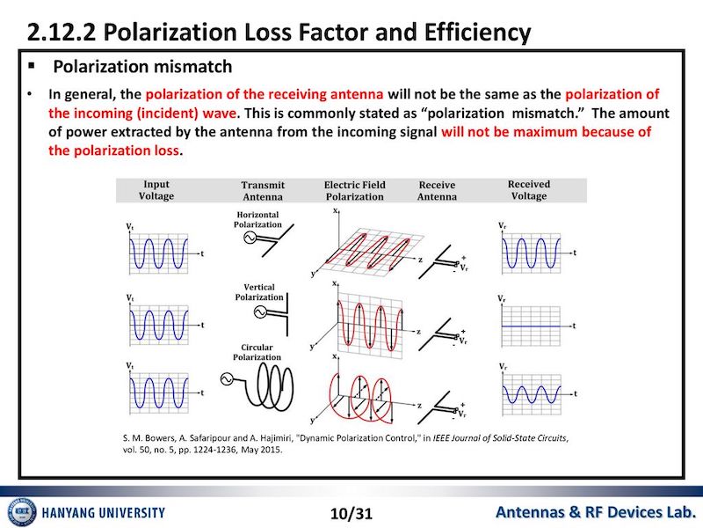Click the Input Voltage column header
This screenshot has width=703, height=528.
[x=156, y=190]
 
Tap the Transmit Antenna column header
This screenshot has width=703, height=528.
[x=263, y=191]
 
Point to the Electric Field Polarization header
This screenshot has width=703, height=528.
[x=355, y=191]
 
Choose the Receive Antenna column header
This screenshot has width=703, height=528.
[x=437, y=191]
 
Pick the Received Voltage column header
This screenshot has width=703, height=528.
[x=529, y=190]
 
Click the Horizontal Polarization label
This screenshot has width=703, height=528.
[x=257, y=219]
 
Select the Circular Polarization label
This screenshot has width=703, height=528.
[x=257, y=352]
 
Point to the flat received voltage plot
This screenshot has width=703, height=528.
[x=536, y=326]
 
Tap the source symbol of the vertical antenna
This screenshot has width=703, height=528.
[x=260, y=312]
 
